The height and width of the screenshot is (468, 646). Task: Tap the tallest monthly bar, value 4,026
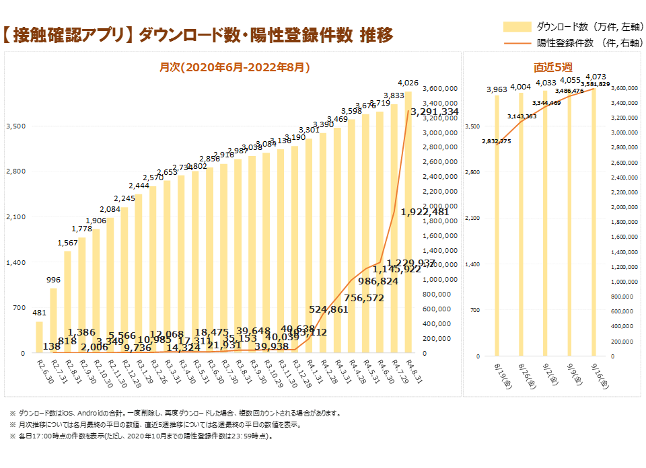[408, 222]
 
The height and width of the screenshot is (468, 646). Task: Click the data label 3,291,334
[435, 112]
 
